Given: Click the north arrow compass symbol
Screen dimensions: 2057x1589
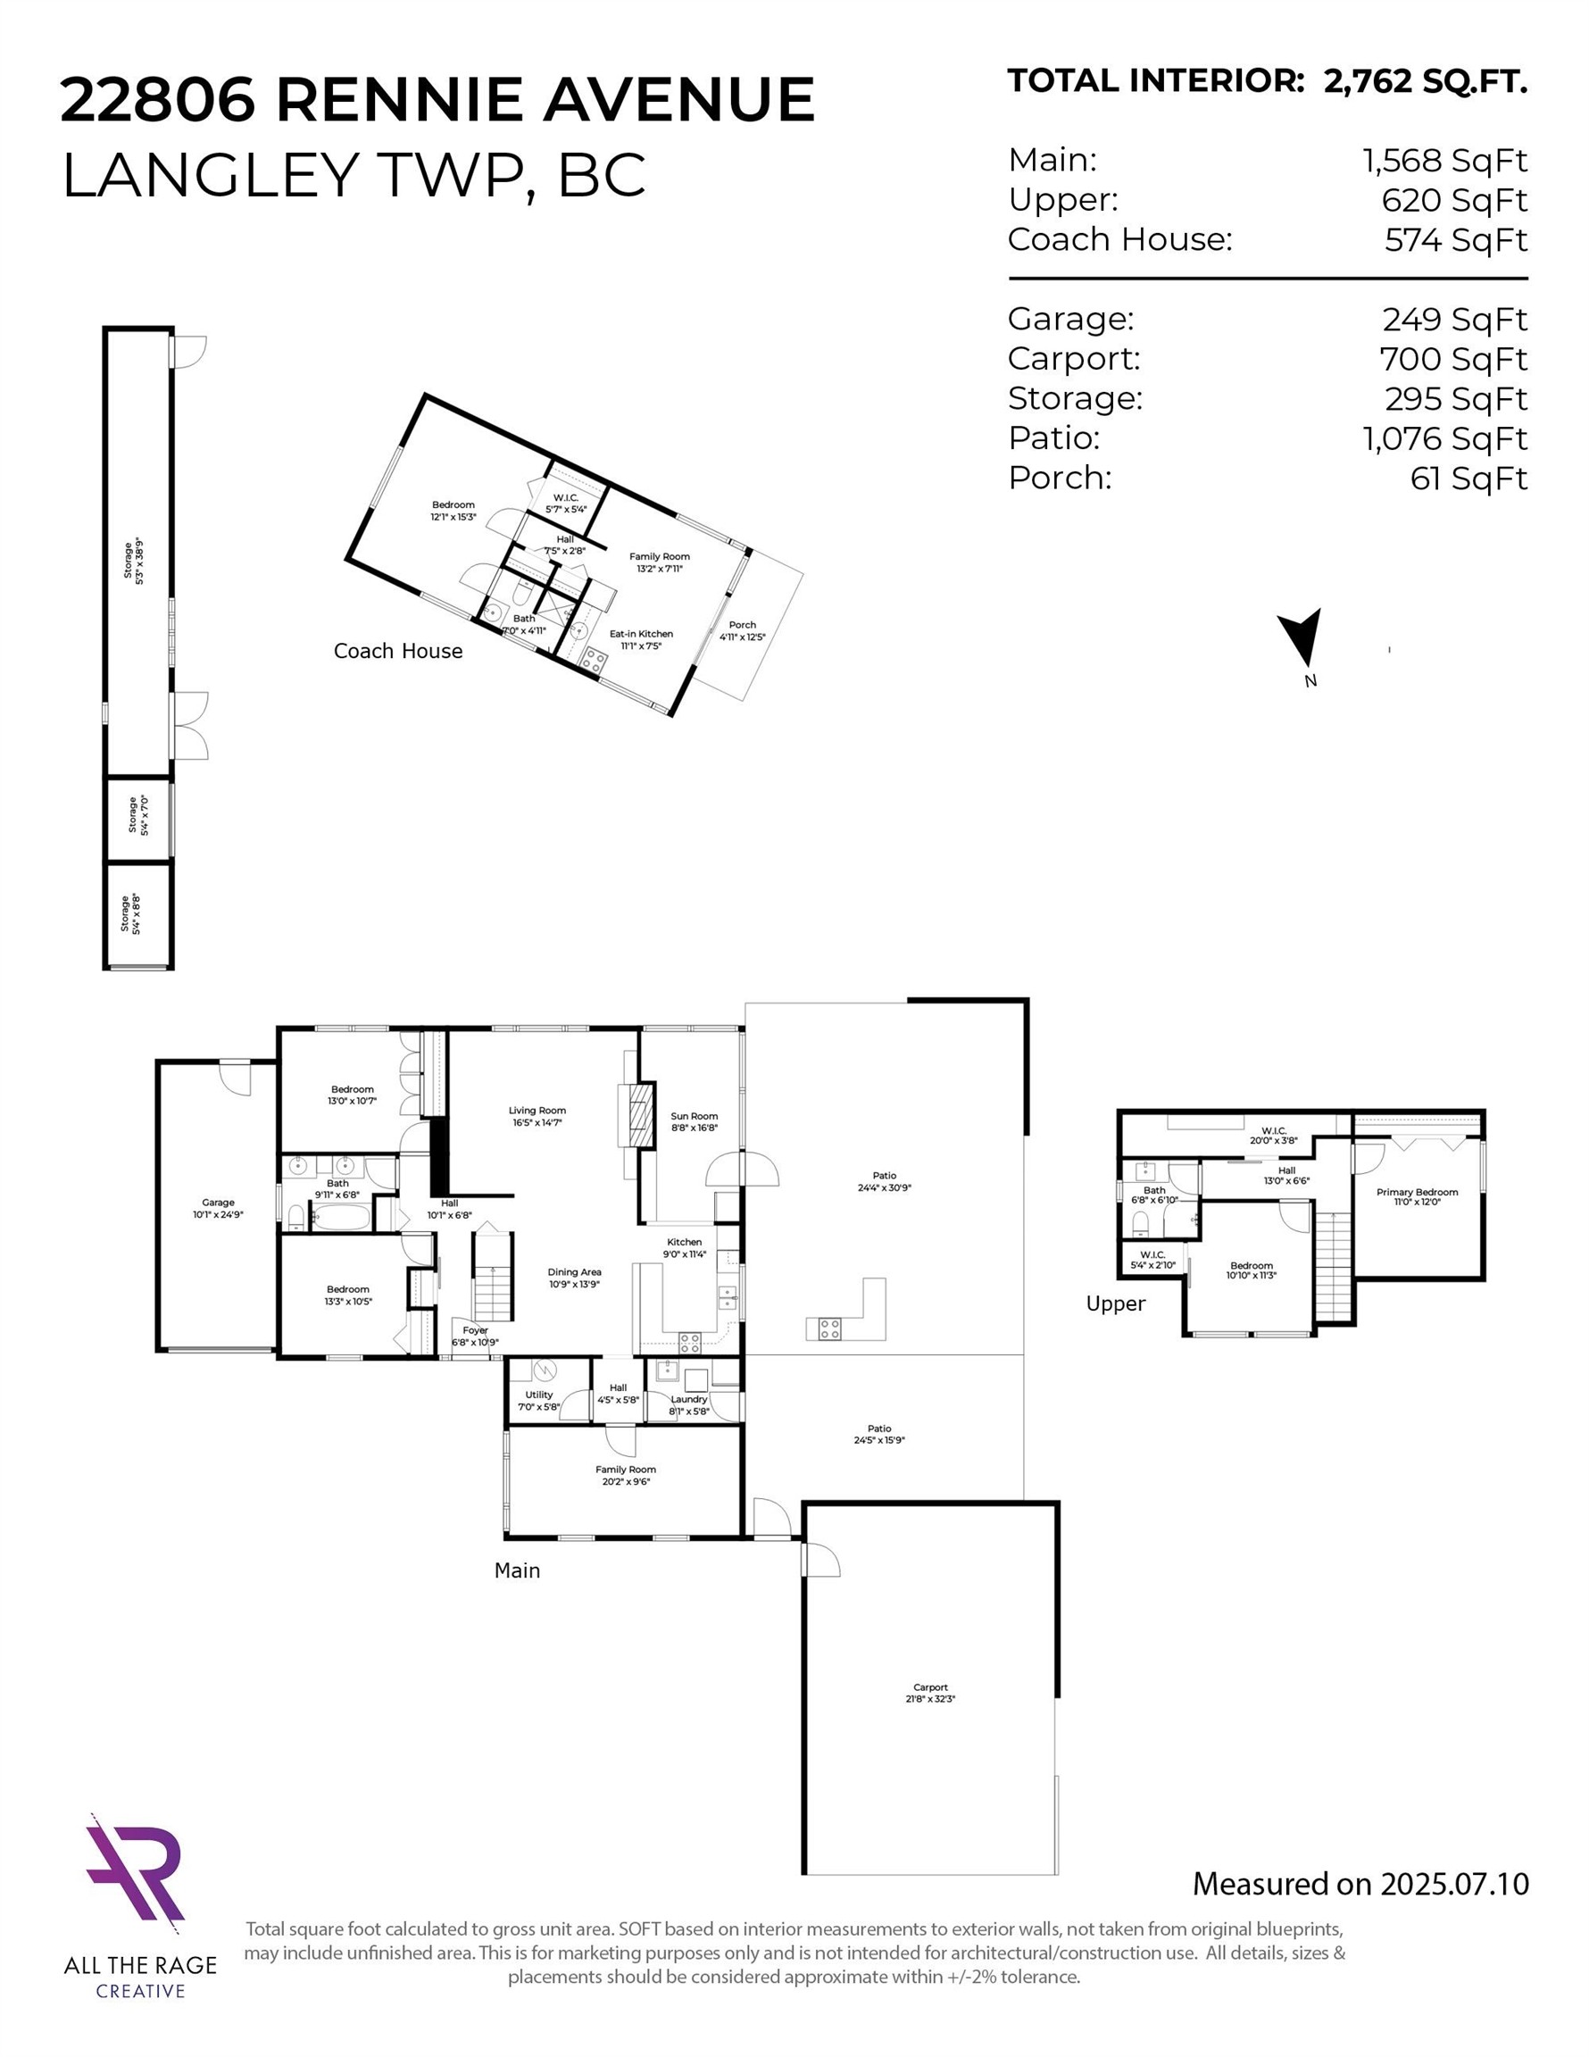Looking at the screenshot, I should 1302,641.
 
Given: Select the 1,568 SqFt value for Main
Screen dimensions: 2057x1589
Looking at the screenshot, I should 1444,161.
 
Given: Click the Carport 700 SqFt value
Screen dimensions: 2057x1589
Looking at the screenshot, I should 1452,359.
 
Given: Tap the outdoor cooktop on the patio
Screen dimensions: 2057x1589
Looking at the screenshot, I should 829,1329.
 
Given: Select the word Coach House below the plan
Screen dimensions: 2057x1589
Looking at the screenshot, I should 397,651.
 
